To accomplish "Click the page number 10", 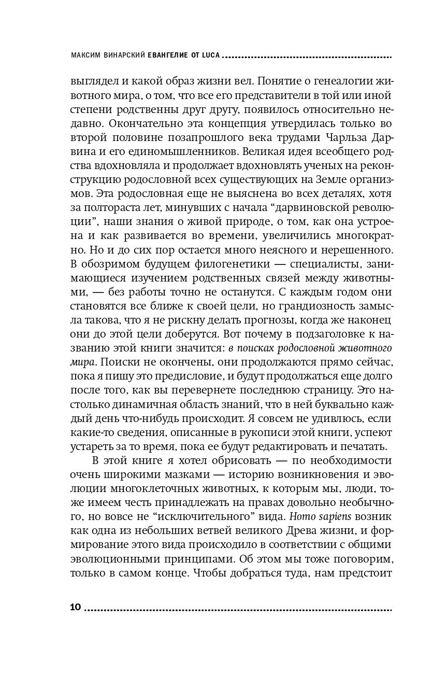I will (x=75, y=607).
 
